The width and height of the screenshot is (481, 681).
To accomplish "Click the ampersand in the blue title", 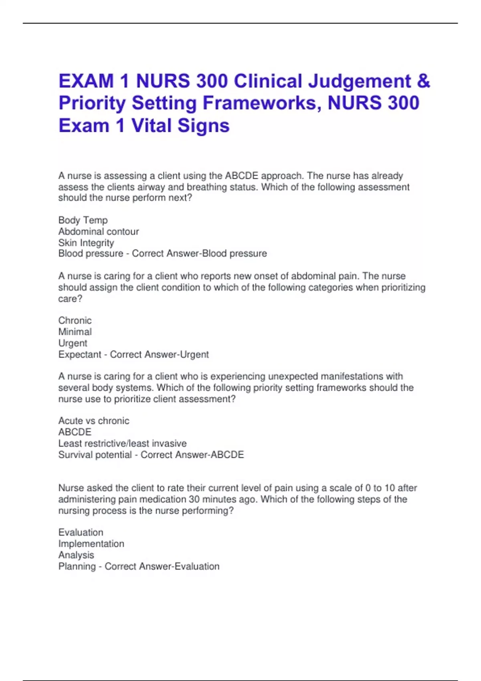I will pyautogui.click(x=423, y=81).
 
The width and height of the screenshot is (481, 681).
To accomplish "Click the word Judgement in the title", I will pyautogui.click(x=360, y=81).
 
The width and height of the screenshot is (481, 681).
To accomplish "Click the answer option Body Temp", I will pyautogui.click(x=83, y=220).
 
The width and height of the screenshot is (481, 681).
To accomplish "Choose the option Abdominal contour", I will pyautogui.click(x=99, y=232).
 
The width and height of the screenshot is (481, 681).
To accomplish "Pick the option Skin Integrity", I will pyautogui.click(x=86, y=243).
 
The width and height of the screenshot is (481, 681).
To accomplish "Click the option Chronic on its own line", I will pyautogui.click(x=75, y=320).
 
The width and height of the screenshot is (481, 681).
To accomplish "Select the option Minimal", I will pyautogui.click(x=75, y=332).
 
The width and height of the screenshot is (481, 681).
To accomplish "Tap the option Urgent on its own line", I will pyautogui.click(x=73, y=343).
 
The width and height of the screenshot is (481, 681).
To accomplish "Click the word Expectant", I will pyautogui.click(x=80, y=355).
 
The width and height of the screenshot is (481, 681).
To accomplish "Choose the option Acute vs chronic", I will pyautogui.click(x=94, y=421).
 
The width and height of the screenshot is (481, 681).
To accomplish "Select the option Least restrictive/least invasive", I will pyautogui.click(x=122, y=443).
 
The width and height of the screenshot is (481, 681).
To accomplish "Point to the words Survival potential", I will pyautogui.click(x=95, y=455).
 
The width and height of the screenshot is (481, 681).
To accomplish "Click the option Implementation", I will pyautogui.click(x=91, y=544).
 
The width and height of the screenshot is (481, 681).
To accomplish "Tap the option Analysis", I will pyautogui.click(x=76, y=555).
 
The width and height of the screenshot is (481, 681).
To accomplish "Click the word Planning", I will pyautogui.click(x=77, y=566).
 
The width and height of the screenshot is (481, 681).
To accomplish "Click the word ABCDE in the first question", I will pyautogui.click(x=242, y=176).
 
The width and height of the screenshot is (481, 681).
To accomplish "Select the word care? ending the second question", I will pyautogui.click(x=70, y=299).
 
